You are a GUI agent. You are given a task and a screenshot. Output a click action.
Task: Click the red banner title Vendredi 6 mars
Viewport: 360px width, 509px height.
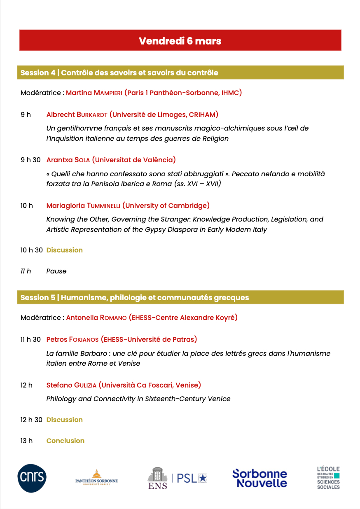[x=180, y=41]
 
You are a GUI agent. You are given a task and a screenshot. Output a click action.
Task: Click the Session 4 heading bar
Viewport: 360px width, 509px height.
[x=180, y=73]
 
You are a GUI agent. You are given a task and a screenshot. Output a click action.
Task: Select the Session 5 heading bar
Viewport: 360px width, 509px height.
[x=180, y=297]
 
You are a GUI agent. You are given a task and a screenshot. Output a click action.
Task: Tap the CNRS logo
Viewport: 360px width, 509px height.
[x=32, y=478]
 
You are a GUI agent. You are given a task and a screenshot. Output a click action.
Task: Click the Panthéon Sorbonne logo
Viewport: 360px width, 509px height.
[x=96, y=478]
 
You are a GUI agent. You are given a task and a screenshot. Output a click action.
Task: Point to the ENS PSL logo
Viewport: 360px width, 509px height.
[x=177, y=478]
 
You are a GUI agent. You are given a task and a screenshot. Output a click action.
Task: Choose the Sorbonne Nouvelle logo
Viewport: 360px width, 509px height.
[x=259, y=478]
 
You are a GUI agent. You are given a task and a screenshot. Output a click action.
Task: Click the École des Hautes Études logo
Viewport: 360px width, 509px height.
[x=328, y=478]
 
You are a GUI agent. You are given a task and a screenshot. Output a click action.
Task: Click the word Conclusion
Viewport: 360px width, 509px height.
[x=65, y=441]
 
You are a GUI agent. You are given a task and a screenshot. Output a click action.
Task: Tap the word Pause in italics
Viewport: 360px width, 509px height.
[x=56, y=271]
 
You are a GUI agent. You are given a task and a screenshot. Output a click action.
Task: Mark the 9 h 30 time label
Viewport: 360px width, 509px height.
[x=30, y=160]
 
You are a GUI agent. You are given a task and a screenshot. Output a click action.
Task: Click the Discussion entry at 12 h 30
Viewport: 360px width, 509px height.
[x=64, y=420]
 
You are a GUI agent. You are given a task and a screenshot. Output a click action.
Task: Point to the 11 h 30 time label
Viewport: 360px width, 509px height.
[x=30, y=339]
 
